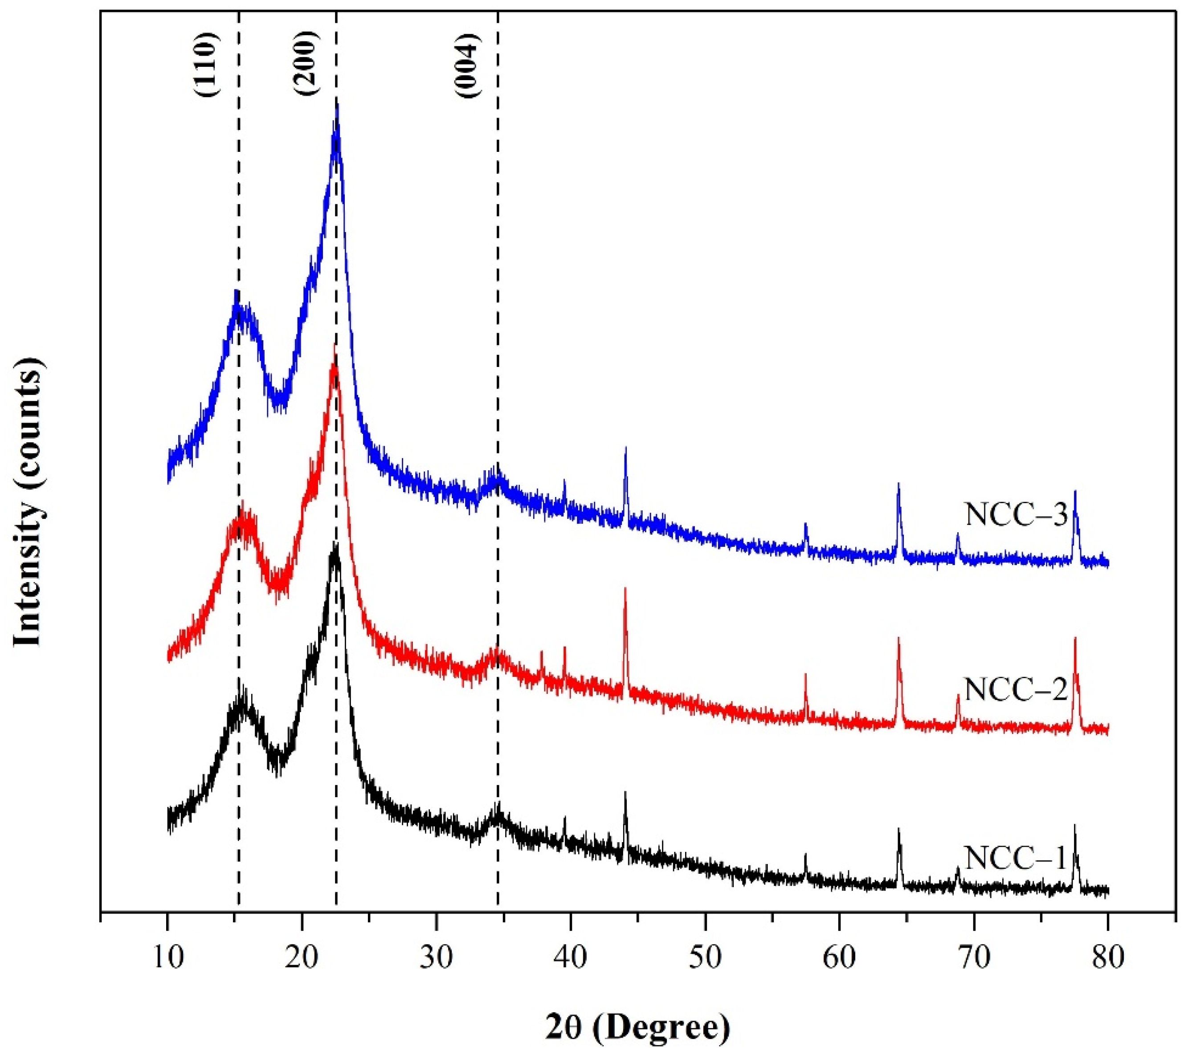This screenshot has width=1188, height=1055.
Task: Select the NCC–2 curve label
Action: [x=1017, y=689]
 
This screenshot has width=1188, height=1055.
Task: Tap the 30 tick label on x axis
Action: [x=436, y=959]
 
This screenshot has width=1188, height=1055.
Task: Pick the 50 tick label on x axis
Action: [x=705, y=959]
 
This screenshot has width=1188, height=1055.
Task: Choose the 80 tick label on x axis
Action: [x=1108, y=959]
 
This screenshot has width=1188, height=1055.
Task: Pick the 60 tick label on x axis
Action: [x=839, y=959]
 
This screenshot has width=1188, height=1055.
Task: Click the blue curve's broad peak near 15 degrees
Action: [x=236, y=292]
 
